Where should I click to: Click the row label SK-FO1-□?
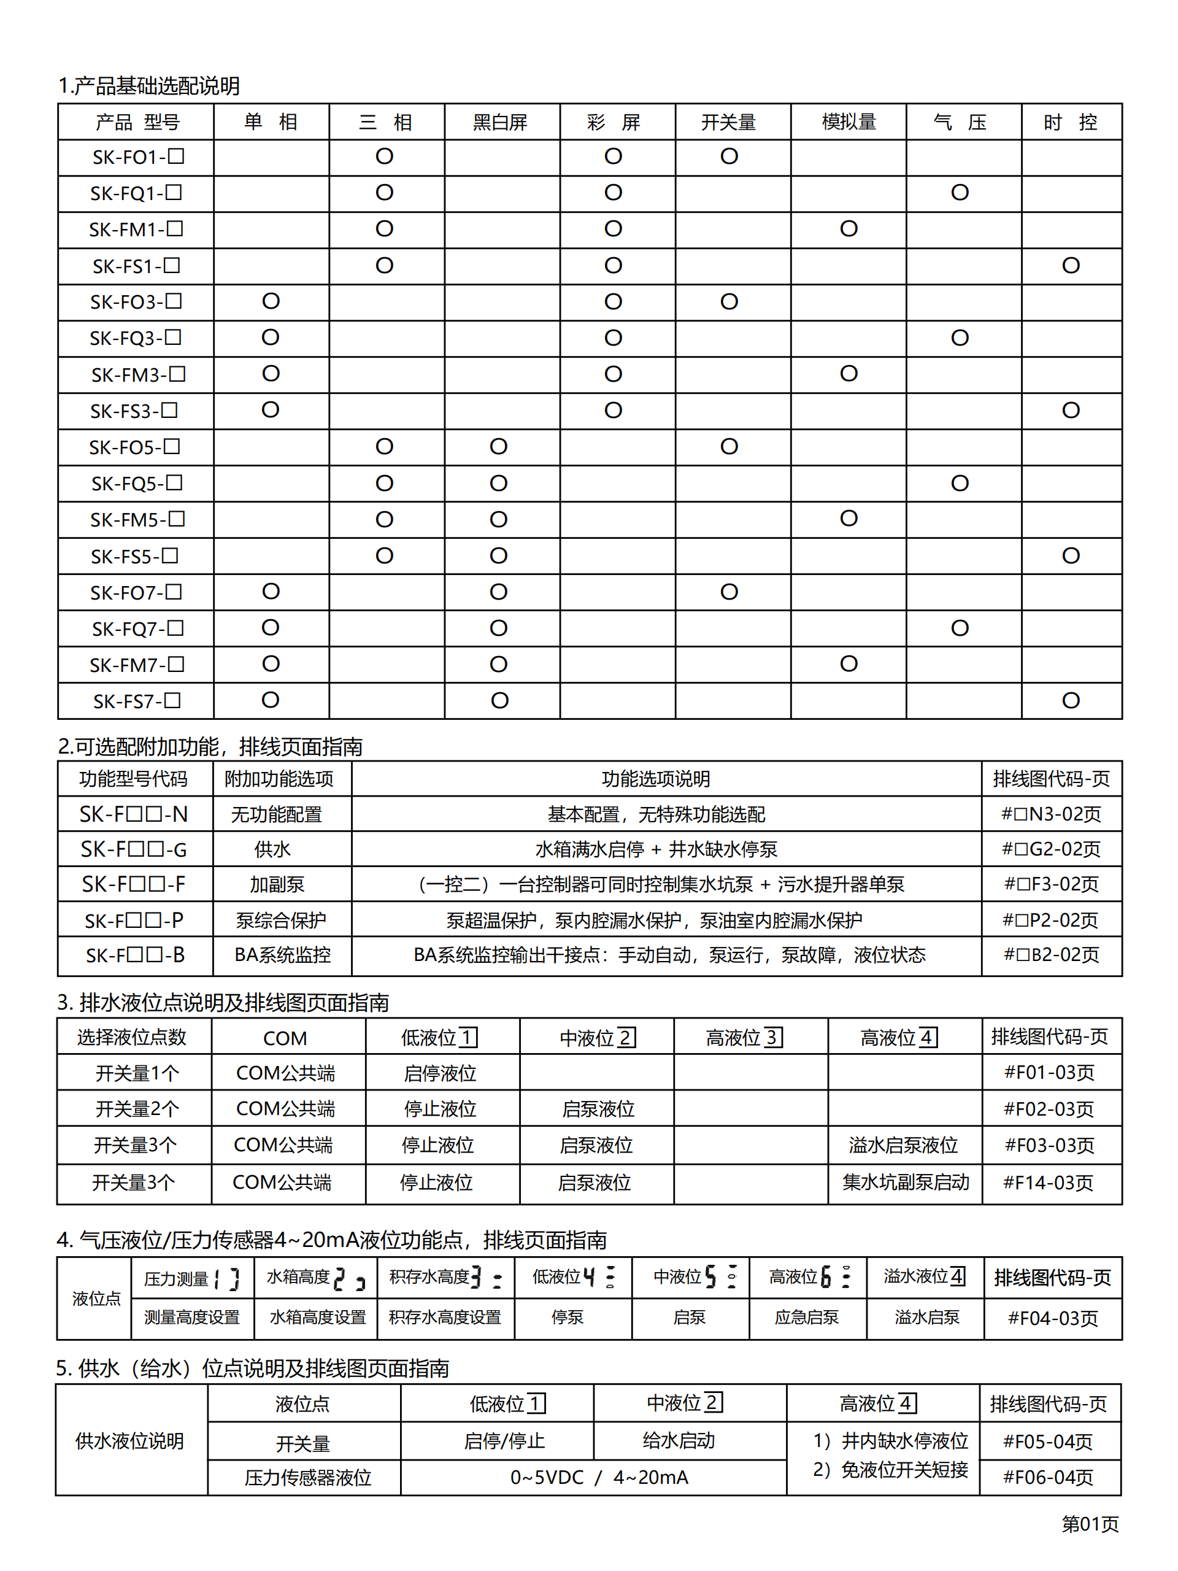tap(138, 157)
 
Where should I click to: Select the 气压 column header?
tap(960, 122)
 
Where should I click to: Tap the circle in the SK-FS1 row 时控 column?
tap(1070, 266)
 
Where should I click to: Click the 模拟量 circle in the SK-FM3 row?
tap(849, 374)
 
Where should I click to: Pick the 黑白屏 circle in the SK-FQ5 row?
tap(498, 484)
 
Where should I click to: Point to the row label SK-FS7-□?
tap(136, 701)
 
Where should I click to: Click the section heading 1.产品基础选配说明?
tap(149, 86)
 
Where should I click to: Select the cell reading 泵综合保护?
tap(280, 921)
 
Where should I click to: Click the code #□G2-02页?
tap(1051, 849)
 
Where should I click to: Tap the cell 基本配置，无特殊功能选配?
tap(656, 814)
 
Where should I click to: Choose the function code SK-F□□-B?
tap(135, 955)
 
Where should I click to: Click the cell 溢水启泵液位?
tap(903, 1145)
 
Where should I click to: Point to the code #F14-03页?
tap(1048, 1183)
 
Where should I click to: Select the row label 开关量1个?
tap(136, 1073)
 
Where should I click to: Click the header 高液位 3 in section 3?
tap(744, 1038)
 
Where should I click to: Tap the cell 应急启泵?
tap(807, 1318)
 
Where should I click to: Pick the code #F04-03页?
tap(1052, 1318)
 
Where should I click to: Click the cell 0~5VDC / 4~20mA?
tap(599, 1477)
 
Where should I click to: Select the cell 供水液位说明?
tap(130, 1440)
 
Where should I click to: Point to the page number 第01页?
tap(1089, 1523)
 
